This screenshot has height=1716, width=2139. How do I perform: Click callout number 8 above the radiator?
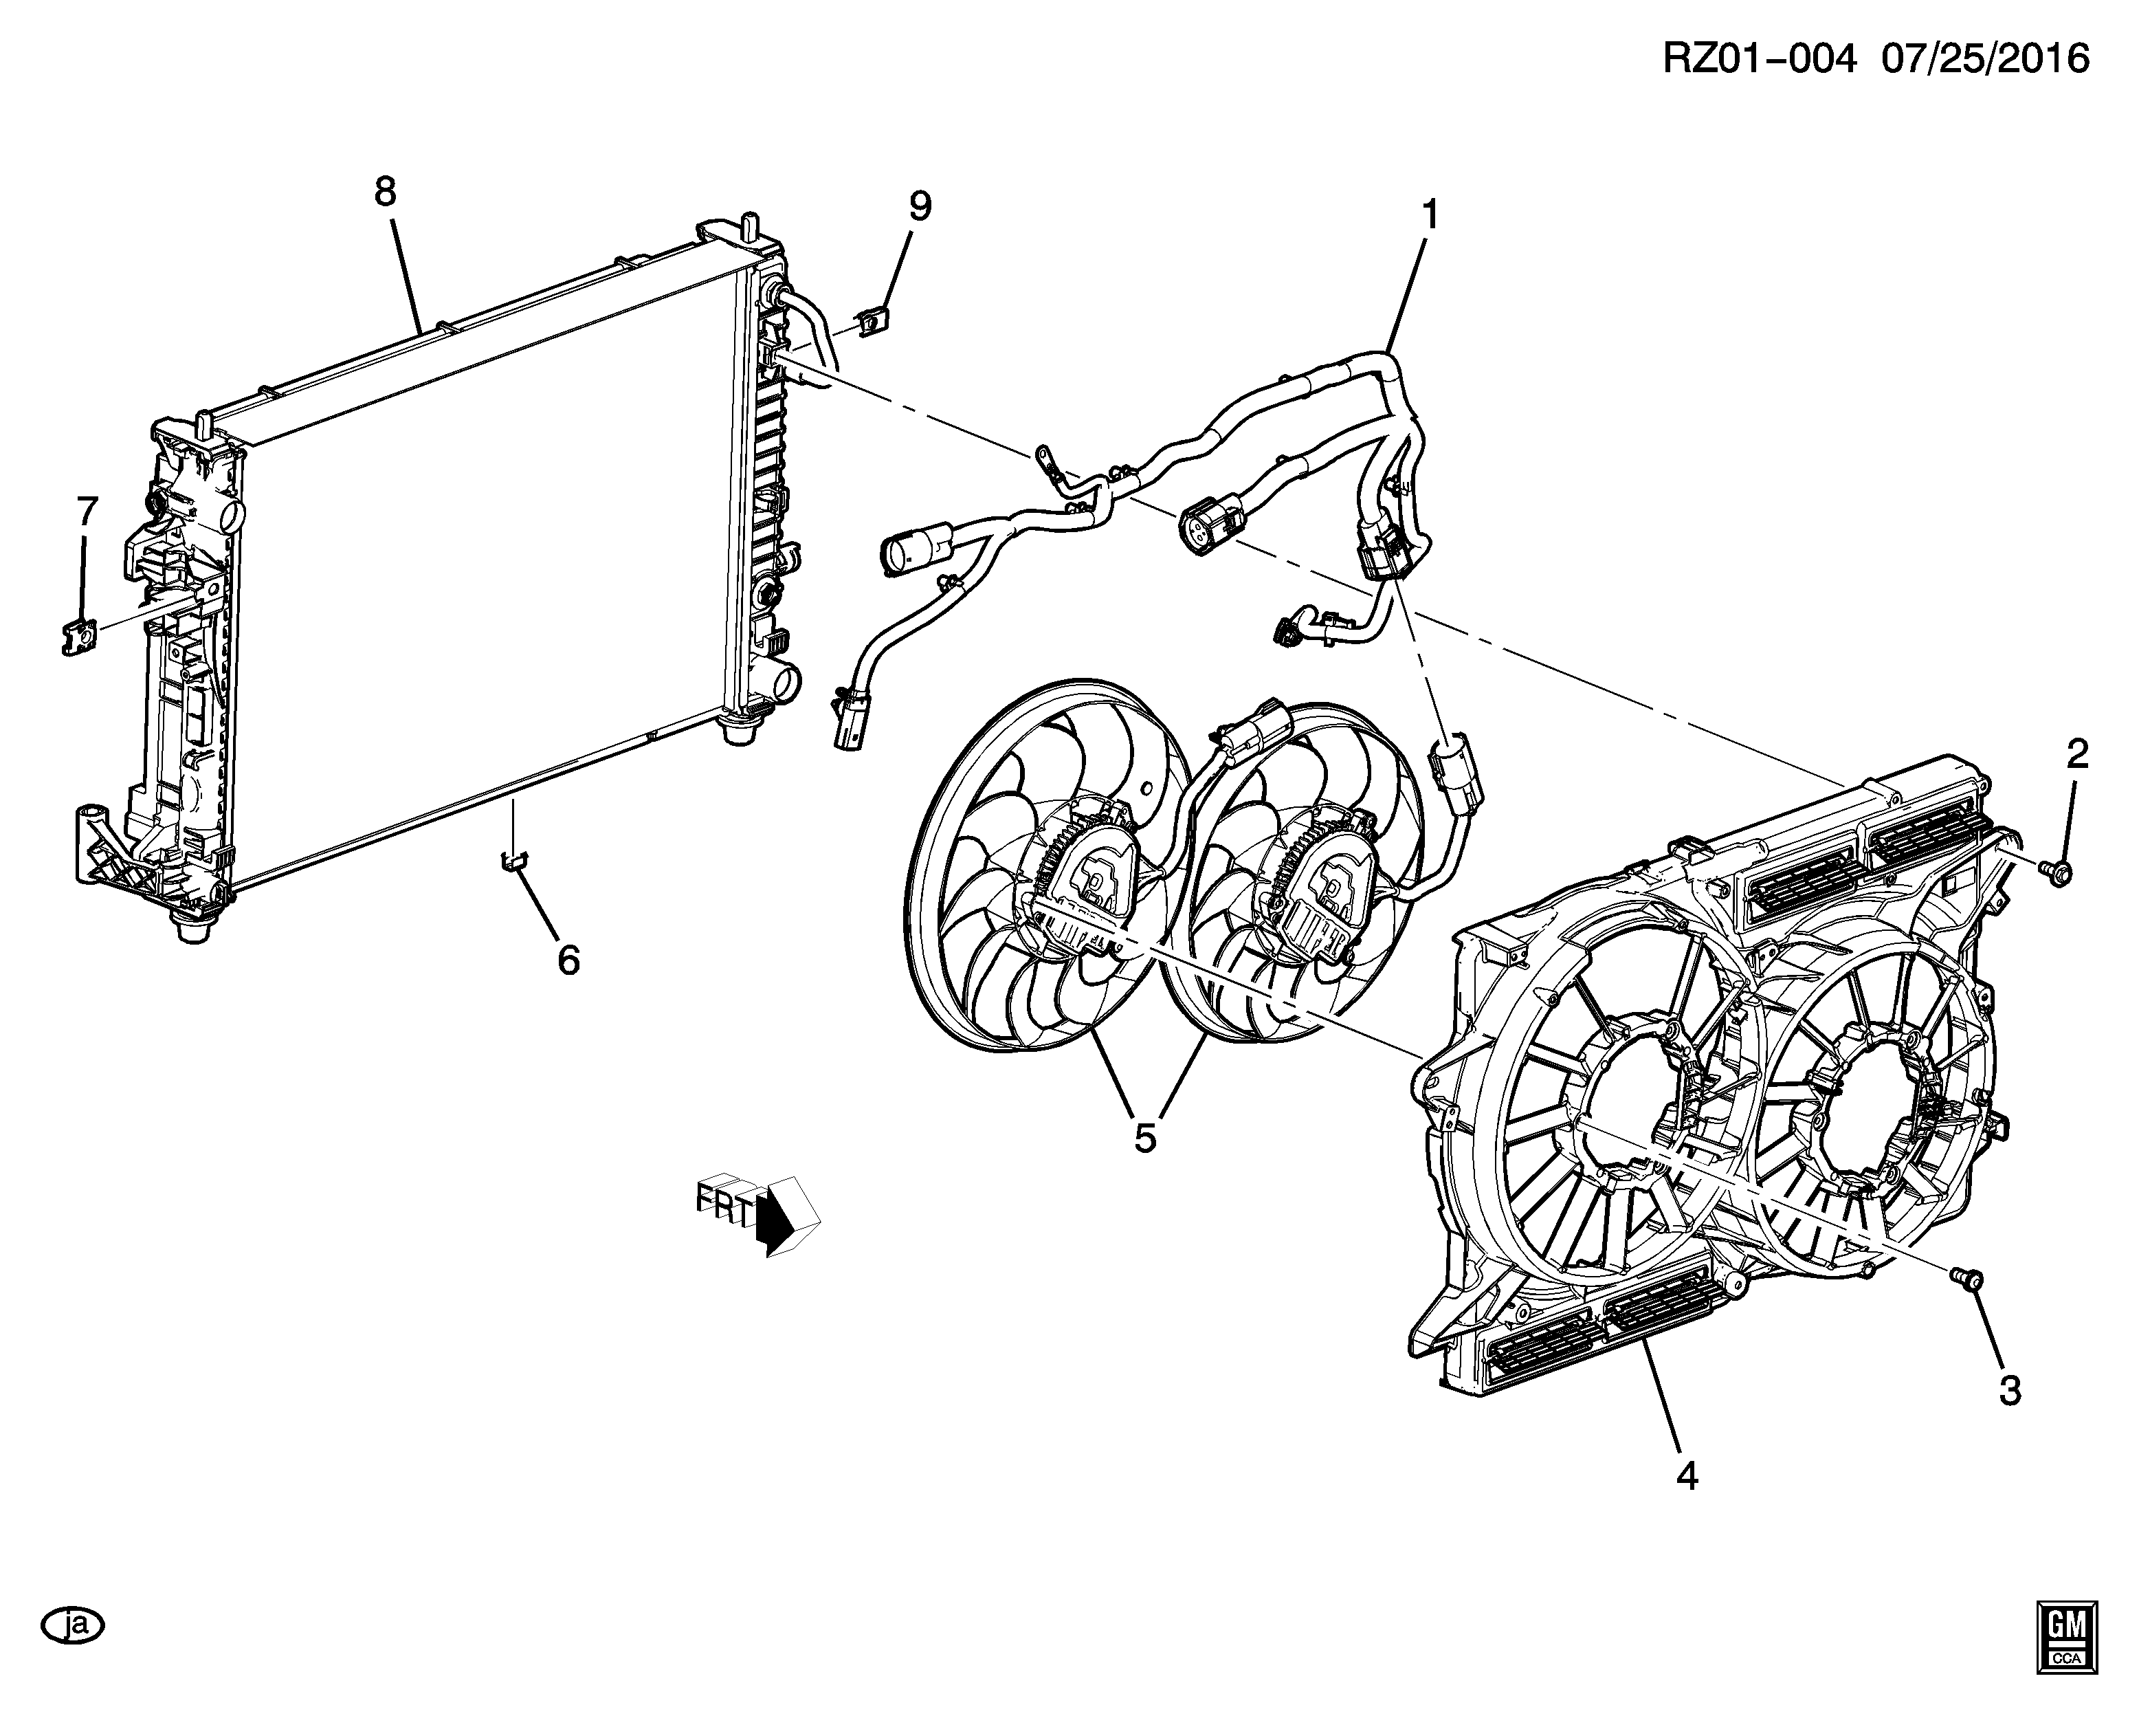385,192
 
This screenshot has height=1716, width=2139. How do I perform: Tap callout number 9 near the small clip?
920,206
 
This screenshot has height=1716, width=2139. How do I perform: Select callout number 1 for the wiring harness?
1430,214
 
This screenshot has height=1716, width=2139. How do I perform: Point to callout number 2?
2076,754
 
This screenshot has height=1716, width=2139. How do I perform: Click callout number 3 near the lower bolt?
2009,1390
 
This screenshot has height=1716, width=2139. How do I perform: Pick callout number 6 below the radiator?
568,960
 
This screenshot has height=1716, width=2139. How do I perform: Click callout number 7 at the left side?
87,512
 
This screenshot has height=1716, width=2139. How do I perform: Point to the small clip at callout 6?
512,859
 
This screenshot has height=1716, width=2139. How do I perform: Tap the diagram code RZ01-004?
1758,60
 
